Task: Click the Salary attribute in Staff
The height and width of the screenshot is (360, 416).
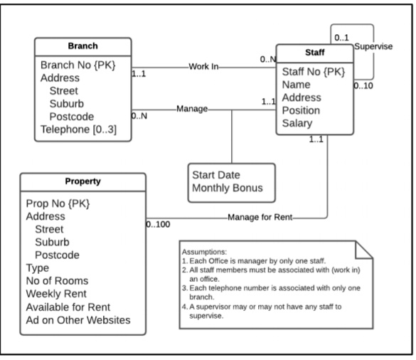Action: tap(300, 123)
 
